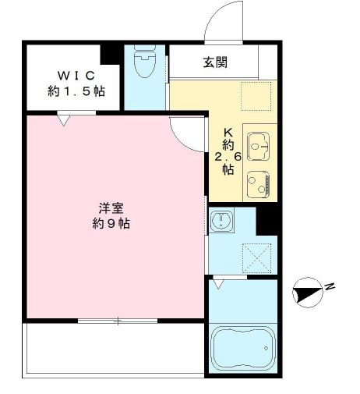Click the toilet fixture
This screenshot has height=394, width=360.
[145, 61]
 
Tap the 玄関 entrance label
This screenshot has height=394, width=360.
[215, 62]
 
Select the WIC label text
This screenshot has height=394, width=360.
[76, 76]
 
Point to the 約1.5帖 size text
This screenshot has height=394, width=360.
[76, 91]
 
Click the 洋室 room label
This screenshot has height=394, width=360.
[111, 208]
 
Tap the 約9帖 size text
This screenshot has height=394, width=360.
[111, 223]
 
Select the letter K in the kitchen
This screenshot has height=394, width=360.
[228, 133]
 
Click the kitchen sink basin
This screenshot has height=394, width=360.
[258, 147]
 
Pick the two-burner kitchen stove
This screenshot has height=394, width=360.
[258, 184]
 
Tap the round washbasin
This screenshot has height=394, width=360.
[221, 220]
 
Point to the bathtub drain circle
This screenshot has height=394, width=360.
[266, 348]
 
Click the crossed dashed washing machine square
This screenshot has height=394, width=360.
[256, 258]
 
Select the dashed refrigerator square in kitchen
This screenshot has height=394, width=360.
[256, 96]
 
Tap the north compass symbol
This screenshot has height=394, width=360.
[308, 293]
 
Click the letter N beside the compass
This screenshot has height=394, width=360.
[330, 286]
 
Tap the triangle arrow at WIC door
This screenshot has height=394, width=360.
[64, 121]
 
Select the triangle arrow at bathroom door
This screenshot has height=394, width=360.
[218, 284]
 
